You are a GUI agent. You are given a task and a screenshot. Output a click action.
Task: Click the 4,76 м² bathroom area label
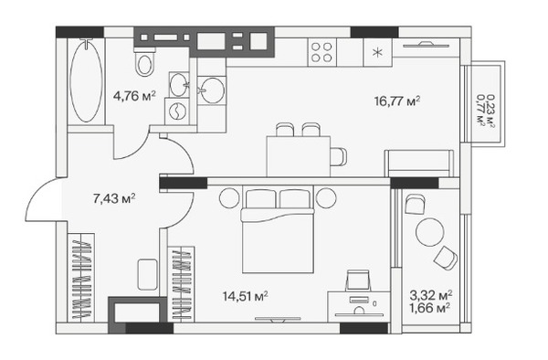click(134, 96)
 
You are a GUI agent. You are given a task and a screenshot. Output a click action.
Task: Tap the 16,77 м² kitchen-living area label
click(397, 101)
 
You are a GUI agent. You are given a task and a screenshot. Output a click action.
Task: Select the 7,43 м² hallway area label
click(114, 198)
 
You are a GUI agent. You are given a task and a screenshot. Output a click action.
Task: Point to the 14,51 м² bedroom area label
click(246, 296)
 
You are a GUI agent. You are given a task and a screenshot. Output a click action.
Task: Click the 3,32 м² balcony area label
click(431, 295)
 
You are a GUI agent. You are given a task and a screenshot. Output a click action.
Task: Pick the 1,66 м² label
click(429, 308)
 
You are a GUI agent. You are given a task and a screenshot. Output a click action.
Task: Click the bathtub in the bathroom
click(87, 80)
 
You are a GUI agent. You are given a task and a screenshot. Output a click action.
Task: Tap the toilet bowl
click(144, 63)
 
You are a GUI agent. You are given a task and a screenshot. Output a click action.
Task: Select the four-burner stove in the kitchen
click(321, 52)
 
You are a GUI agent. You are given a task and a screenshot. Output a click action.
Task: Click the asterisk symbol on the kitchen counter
click(377, 53)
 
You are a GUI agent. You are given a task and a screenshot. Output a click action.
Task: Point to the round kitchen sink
click(213, 90)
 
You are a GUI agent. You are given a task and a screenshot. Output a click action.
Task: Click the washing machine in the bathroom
click(177, 111)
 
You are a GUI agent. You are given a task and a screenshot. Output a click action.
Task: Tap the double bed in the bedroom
click(278, 229)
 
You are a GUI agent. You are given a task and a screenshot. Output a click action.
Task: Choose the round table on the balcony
click(430, 232)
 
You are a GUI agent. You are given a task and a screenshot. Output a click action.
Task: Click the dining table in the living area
click(299, 156)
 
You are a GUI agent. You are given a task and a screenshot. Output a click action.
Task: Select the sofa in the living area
click(419, 164)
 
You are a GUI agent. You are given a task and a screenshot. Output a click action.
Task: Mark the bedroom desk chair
click(358, 280)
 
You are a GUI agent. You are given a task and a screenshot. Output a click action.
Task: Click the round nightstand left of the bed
click(229, 198)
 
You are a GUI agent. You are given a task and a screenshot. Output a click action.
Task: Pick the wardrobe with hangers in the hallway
click(83, 277)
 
